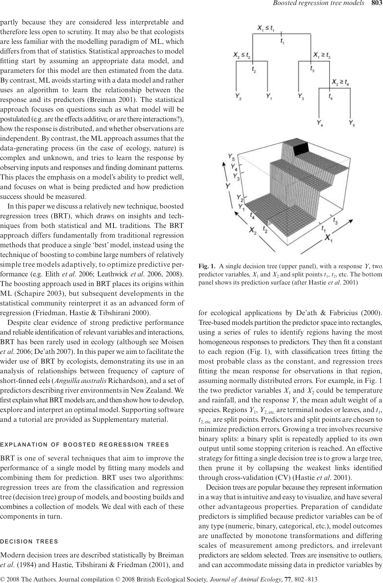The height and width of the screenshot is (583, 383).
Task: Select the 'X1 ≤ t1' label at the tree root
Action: coord(266,28)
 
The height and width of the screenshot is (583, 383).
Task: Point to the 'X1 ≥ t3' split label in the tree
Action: coord(322,55)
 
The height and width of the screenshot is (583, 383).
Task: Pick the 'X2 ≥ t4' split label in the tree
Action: coord(341,82)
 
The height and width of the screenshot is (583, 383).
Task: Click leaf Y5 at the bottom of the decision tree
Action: coord(351,124)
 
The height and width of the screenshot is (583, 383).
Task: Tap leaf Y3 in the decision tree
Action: coord(301,96)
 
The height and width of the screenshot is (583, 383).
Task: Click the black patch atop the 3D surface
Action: coord(302,149)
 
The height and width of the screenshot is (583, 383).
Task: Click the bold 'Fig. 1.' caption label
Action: coord(206,266)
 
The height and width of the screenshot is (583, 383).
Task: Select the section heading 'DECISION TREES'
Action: coord(29,541)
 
